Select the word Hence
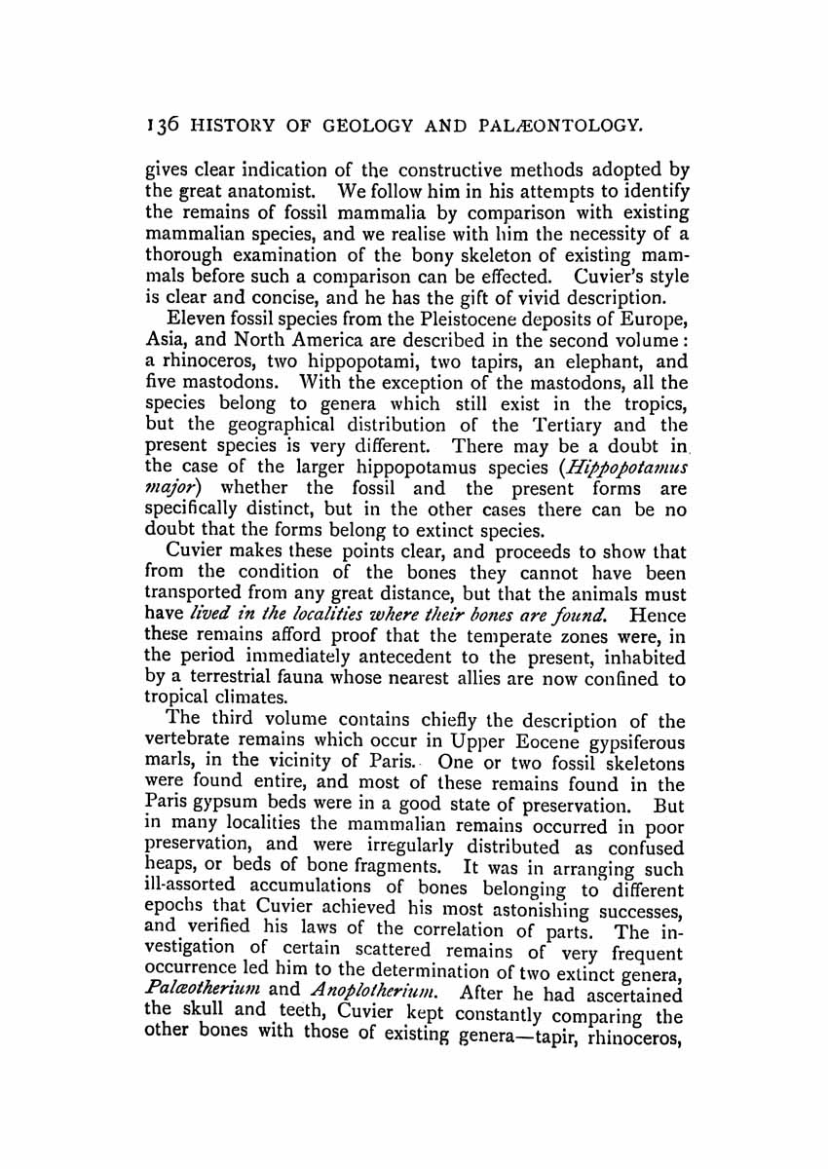point(659,615)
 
